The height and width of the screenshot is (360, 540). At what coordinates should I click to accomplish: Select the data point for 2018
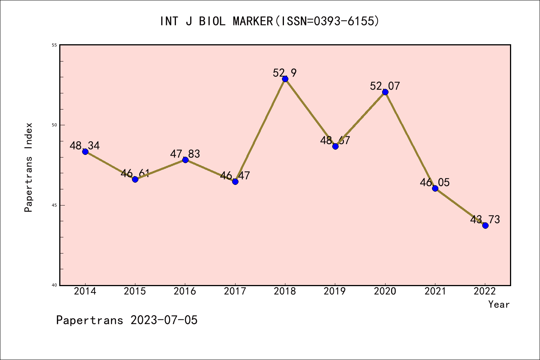[x=285, y=79]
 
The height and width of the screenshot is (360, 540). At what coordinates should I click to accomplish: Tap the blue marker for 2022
[x=485, y=225]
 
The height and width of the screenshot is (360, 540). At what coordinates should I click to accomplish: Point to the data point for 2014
[x=85, y=151]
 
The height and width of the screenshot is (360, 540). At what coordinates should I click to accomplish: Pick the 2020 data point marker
[x=385, y=92]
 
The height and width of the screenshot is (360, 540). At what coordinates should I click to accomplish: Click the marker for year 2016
[x=185, y=160]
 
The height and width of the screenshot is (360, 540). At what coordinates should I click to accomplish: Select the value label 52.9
[x=285, y=73]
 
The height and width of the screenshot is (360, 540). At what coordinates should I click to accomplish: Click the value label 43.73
[x=485, y=219]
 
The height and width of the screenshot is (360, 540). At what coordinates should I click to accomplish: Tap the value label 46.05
[x=435, y=183]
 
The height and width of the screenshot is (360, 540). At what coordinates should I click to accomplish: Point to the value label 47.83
[x=185, y=154]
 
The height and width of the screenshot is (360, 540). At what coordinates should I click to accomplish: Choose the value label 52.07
[x=385, y=86]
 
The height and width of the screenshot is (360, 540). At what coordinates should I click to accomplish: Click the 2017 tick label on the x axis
[x=235, y=291]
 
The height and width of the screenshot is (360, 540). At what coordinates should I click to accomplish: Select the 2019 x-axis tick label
[x=335, y=291]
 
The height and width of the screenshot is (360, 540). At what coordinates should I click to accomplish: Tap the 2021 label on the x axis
[x=435, y=291]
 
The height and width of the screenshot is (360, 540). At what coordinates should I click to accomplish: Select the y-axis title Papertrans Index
[x=28, y=167]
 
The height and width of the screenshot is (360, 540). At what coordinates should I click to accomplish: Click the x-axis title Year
[x=499, y=304]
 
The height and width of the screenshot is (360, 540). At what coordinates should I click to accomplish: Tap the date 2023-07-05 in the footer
[x=164, y=320]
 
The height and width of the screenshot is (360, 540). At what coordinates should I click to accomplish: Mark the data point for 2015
[x=135, y=179]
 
